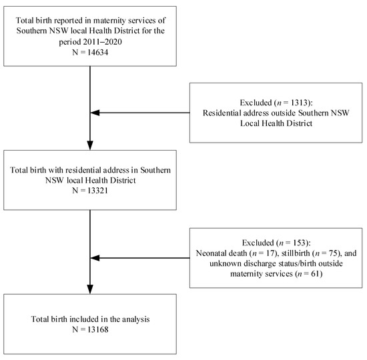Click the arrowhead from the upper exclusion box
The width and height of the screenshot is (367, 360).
point(95,113)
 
